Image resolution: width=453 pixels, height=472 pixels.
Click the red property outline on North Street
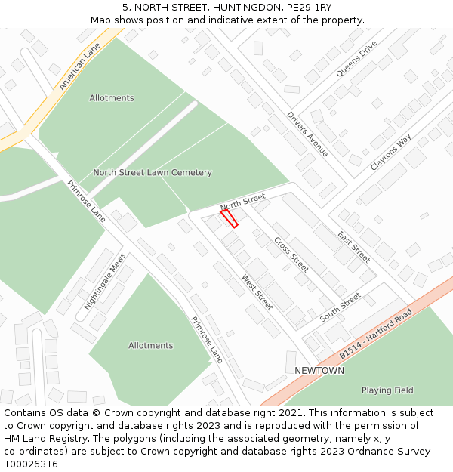(x=229, y=218)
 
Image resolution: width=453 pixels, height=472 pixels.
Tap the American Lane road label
(x=79, y=67)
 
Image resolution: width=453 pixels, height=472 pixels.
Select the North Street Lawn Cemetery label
(x=153, y=173)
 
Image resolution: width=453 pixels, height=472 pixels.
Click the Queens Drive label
(x=356, y=58)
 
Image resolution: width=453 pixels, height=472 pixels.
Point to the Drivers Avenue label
(x=307, y=134)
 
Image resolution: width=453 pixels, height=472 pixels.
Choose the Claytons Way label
(x=391, y=153)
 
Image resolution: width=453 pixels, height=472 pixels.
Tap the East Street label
(x=353, y=246)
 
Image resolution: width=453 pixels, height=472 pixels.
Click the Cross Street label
(x=291, y=255)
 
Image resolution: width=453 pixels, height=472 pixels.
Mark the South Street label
(x=341, y=308)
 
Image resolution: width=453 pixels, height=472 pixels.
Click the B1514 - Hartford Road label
(x=375, y=332)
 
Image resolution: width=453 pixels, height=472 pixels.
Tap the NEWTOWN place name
(x=319, y=371)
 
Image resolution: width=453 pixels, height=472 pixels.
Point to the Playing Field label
(x=387, y=390)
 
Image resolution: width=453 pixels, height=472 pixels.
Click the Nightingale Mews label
(x=105, y=282)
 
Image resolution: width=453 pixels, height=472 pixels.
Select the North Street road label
(x=242, y=202)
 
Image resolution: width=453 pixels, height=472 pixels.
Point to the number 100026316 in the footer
(x=31, y=464)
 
